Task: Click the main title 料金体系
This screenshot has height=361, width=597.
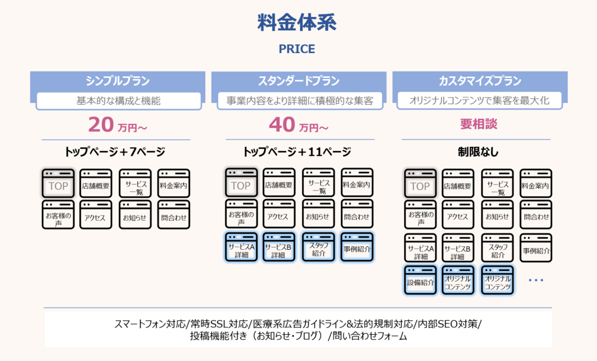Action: pyautogui.click(x=297, y=23)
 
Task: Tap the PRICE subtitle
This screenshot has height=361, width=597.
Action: pyautogui.click(x=297, y=49)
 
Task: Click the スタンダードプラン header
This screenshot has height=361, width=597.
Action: pyautogui.click(x=298, y=81)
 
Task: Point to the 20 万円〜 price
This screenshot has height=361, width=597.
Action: pyautogui.click(x=117, y=125)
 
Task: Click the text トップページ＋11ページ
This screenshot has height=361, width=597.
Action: pyautogui.click(x=297, y=153)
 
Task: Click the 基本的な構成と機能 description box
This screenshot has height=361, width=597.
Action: pyautogui.click(x=118, y=101)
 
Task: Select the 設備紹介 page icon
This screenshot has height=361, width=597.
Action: pyautogui.click(x=420, y=281)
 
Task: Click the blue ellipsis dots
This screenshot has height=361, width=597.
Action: pyautogui.click(x=535, y=281)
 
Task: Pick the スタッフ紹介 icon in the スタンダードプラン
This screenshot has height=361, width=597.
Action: pyautogui.click(x=318, y=247)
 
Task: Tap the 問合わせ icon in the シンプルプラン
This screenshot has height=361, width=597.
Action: pyautogui.click(x=174, y=215)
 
